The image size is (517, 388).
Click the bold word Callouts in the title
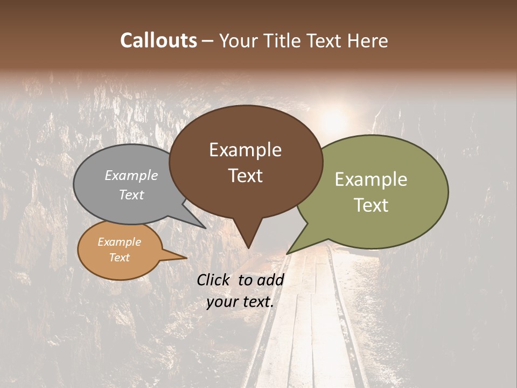[x=158, y=40]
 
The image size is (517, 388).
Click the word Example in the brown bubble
[x=245, y=150]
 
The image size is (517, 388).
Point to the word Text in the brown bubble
[x=245, y=176]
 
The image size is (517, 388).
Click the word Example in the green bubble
[x=371, y=179]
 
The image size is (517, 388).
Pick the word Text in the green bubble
[x=371, y=205]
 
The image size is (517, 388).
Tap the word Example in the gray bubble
[x=131, y=175]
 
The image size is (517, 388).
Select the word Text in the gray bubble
[x=131, y=195]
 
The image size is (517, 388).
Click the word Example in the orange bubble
[x=119, y=242]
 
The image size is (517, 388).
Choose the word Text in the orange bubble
[x=119, y=258]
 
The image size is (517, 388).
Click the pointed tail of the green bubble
[x=288, y=253]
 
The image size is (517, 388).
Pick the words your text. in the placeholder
[x=240, y=302]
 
